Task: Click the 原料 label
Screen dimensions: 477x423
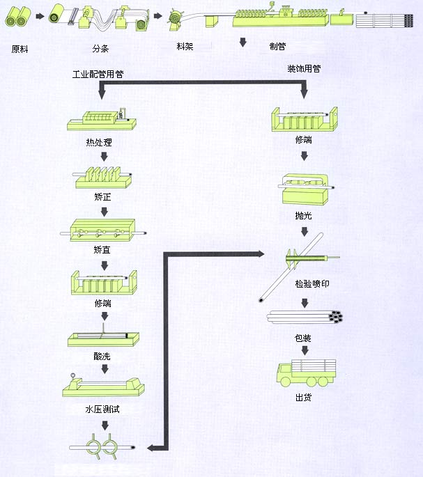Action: pos(20,50)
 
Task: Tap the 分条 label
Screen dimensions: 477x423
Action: pos(100,50)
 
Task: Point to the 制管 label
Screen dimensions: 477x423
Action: pos(278,46)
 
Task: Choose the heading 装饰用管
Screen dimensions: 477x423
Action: pos(304,70)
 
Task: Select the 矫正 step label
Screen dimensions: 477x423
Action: pos(102,198)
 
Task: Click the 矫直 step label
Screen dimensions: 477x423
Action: pos(102,249)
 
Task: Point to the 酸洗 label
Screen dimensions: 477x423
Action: pos(102,356)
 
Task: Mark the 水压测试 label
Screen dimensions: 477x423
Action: pos(102,409)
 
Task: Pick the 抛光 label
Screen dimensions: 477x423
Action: pos(304,217)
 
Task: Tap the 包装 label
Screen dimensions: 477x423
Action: pos(303,338)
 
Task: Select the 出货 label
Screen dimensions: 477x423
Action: pos(303,398)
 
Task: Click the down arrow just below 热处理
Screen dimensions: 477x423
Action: pos(103,157)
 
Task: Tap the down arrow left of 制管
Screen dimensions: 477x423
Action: pos(243,43)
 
